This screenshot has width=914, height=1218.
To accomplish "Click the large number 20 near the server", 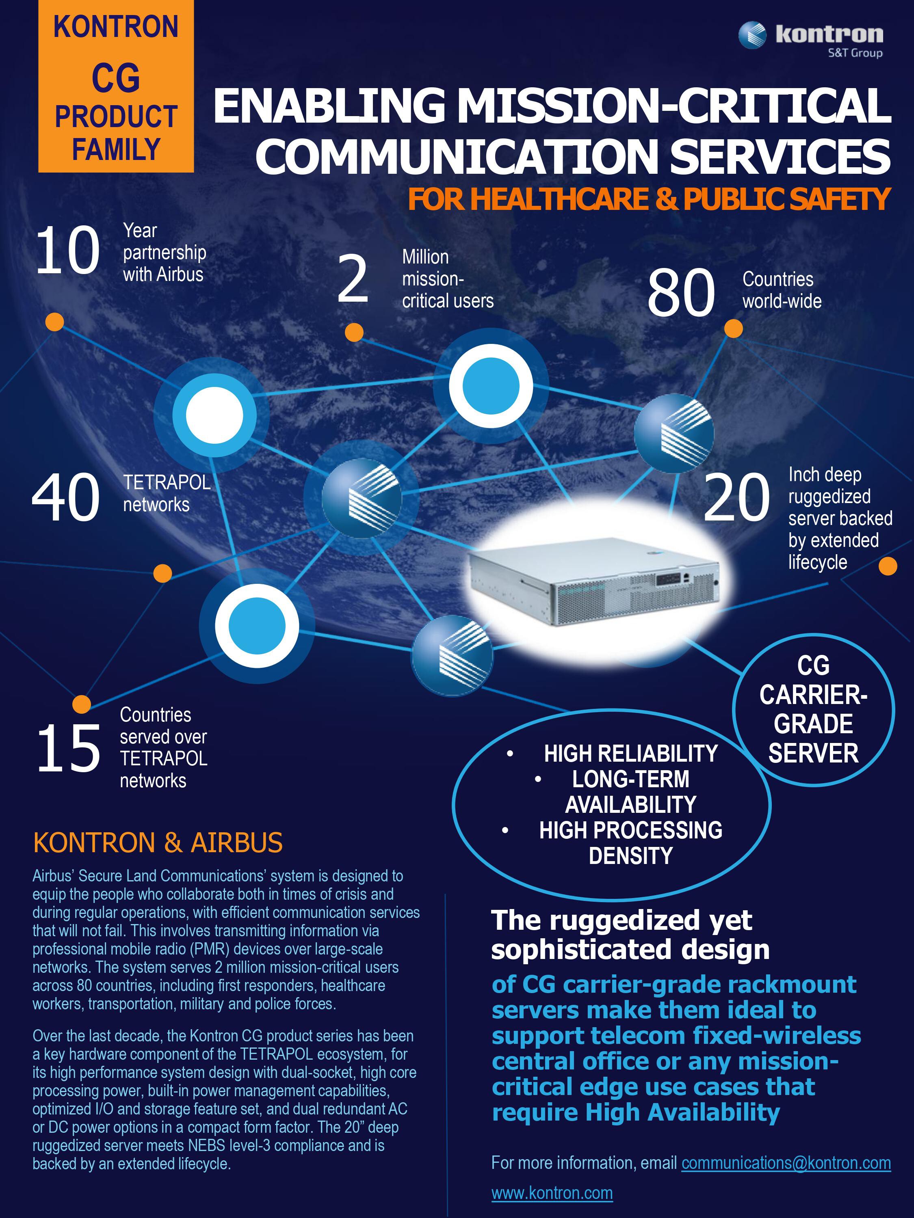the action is click(x=736, y=497).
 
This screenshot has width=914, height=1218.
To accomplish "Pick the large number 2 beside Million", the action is click(x=353, y=279).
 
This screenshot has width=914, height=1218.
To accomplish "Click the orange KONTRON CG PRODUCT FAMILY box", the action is click(x=116, y=86).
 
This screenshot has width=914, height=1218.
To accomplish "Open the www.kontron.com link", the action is click(x=552, y=1193).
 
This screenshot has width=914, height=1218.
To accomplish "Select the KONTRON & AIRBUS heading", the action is click(x=158, y=842).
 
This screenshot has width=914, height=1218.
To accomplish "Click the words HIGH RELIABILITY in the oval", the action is click(x=631, y=753).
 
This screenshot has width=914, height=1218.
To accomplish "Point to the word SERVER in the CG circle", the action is click(x=813, y=753).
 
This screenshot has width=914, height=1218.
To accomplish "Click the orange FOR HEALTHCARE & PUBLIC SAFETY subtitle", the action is click(x=649, y=199).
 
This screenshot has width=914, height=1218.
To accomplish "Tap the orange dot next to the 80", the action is click(x=733, y=329).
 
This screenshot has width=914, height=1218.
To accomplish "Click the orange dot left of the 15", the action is click(x=82, y=704).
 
